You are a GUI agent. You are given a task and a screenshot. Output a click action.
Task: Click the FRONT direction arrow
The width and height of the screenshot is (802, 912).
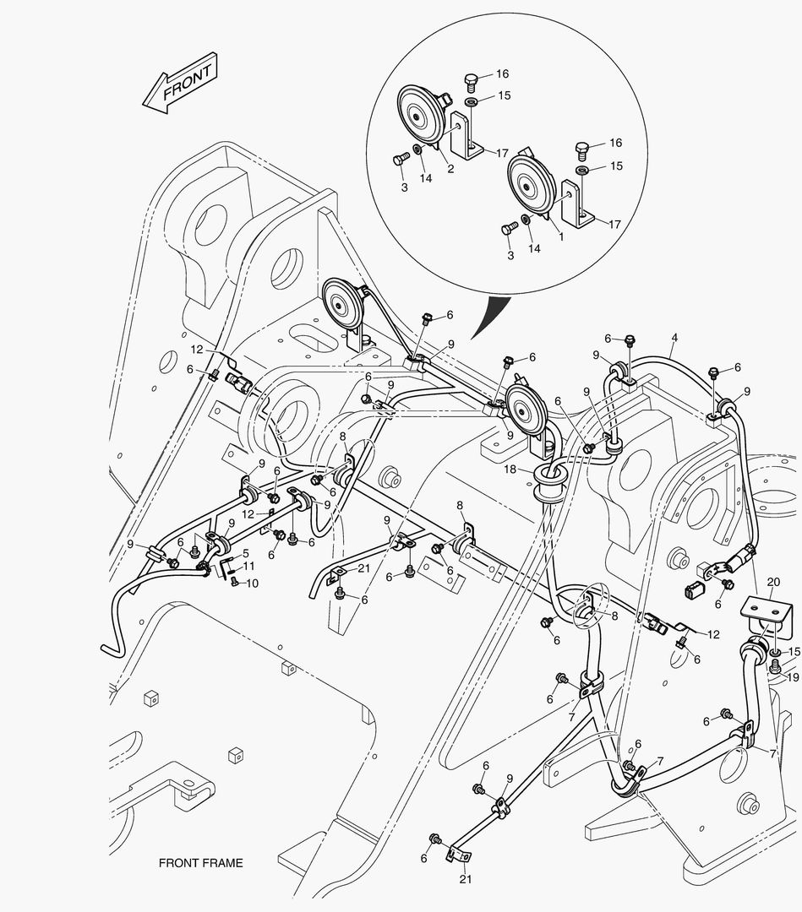[179, 82]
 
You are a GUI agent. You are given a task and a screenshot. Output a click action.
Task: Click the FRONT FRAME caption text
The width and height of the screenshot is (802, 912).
[200, 863]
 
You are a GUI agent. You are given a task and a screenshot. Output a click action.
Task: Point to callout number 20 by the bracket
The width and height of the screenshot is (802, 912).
[772, 583]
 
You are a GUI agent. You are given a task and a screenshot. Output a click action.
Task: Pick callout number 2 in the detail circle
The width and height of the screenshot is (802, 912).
[450, 169]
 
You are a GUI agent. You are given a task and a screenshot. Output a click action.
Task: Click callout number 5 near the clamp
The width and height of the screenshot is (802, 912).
[246, 554]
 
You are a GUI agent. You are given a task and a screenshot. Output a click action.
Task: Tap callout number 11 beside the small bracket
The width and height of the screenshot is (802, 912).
[249, 566]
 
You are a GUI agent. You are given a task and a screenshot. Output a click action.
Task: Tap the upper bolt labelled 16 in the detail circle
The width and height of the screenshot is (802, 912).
[472, 83]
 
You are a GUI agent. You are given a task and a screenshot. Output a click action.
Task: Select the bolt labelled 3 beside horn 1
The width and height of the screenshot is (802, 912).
[509, 229]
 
